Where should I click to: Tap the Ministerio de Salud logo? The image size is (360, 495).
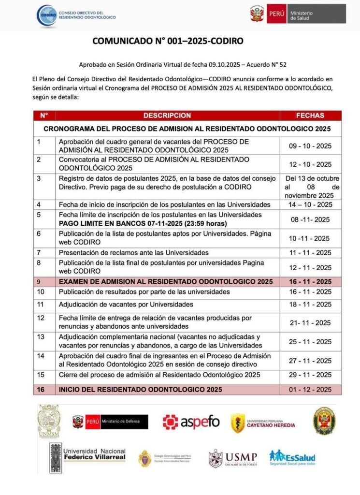(298, 14)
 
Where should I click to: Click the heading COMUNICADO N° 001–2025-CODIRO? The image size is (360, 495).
(168, 42)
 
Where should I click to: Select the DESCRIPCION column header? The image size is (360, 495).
(167, 116)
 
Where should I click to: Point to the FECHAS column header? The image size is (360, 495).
(310, 116)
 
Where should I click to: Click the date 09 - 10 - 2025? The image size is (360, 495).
(310, 146)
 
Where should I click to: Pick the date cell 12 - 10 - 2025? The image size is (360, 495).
(310, 164)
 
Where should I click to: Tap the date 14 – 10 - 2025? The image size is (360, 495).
(310, 204)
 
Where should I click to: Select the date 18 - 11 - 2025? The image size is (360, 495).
(310, 305)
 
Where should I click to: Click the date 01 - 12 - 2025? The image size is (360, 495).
(310, 390)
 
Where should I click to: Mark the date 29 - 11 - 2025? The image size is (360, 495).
(310, 375)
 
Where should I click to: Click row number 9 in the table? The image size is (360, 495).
(40, 282)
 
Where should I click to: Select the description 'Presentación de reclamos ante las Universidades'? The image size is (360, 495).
(133, 252)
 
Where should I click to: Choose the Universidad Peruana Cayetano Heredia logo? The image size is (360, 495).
(263, 423)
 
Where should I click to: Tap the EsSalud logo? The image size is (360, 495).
(292, 457)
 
